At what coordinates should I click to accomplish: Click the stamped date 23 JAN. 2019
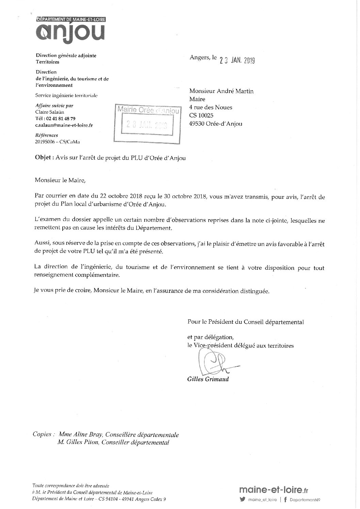[237, 60]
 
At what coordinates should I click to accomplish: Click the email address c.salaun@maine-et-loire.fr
[64, 125]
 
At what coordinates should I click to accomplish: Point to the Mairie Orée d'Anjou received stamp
[147, 121]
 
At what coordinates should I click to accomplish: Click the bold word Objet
[43, 158]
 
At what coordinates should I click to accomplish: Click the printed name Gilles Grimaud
[208, 379]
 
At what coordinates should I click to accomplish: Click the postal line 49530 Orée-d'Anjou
[215, 124]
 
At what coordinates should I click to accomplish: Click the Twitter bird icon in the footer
[242, 500]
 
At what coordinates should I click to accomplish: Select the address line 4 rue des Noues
[211, 107]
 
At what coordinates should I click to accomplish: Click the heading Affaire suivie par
[54, 106]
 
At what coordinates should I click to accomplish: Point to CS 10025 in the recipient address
[201, 115]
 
